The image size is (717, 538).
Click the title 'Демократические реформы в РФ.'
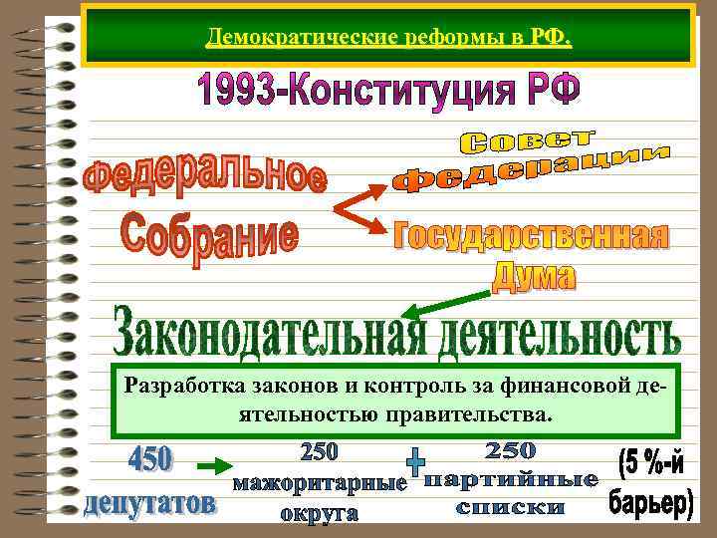(x=388, y=39)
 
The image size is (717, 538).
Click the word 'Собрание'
(x=208, y=235)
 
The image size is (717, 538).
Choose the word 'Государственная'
(x=531, y=238)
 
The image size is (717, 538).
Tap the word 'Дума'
(x=535, y=275)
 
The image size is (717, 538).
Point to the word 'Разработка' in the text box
(x=178, y=387)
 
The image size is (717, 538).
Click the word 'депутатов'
(x=149, y=504)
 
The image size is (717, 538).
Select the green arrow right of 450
(x=210, y=465)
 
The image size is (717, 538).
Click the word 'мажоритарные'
(x=320, y=485)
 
